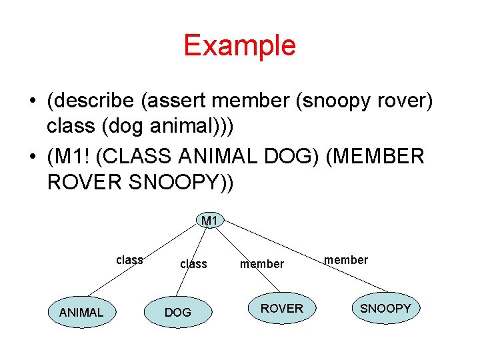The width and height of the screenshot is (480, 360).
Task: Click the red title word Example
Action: pos(239,45)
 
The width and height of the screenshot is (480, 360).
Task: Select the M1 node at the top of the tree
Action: pos(209,221)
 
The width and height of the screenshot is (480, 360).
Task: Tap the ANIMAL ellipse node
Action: pos(81,312)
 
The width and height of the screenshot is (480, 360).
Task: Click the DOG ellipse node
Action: pos(177,312)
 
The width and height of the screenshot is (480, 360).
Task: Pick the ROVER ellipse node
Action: pos(281,308)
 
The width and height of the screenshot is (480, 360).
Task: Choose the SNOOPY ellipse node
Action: pos(385,308)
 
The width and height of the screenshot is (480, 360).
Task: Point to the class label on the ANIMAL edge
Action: pos(129,260)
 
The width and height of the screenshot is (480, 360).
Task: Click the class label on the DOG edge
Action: pos(193,264)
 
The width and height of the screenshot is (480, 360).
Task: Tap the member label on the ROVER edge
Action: pos(262,264)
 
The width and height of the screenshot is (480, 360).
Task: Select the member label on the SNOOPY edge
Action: pos(346,260)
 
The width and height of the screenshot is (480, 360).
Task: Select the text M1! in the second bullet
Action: pos(74,156)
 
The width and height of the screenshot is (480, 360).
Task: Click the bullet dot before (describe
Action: pos(32,102)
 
